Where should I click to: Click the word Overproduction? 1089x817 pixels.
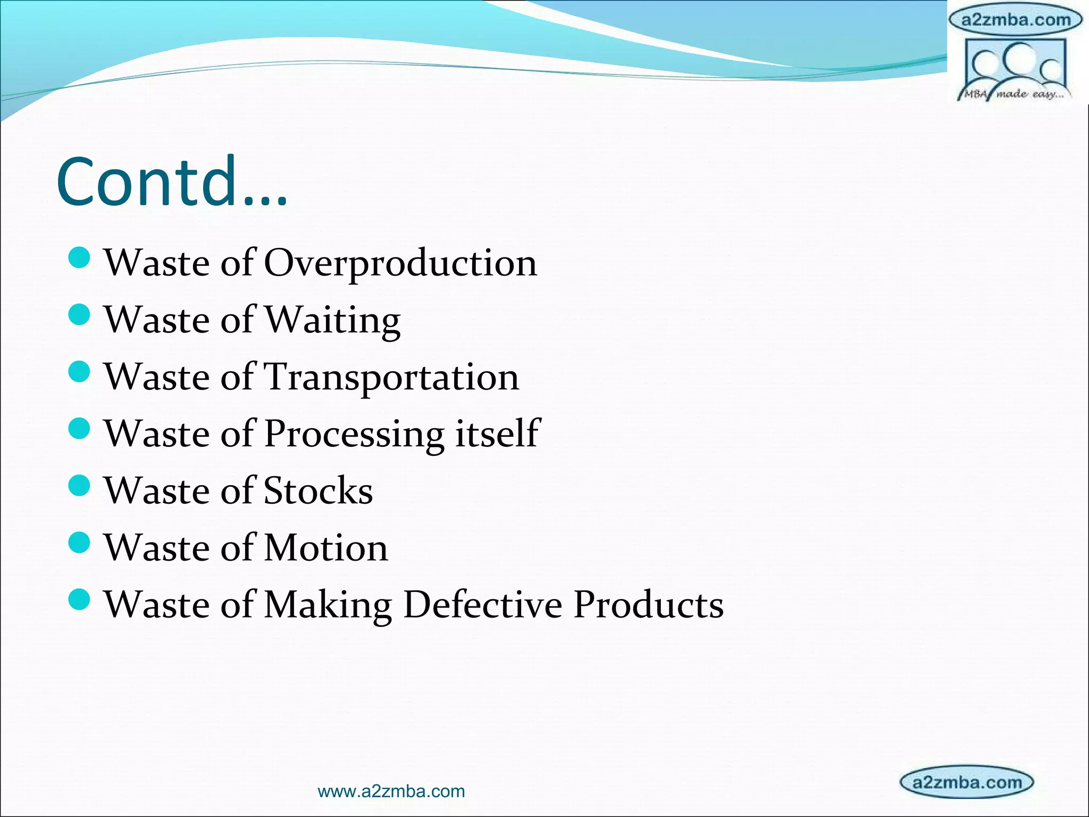pyautogui.click(x=400, y=263)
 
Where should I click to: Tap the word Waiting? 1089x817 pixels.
pyautogui.click(x=332, y=320)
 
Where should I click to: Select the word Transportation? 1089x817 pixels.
pyautogui.click(x=391, y=377)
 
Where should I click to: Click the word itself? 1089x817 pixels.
pyautogui.click(x=498, y=433)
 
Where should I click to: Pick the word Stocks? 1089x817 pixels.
pyautogui.click(x=318, y=490)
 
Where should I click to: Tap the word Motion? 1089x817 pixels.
pyautogui.click(x=326, y=547)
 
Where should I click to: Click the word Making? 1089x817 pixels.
pyautogui.click(x=328, y=605)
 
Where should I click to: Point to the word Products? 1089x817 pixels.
pyautogui.click(x=648, y=604)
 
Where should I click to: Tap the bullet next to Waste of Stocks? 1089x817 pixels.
pyautogui.click(x=80, y=486)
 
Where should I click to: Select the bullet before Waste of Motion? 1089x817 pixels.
pyautogui.click(x=80, y=543)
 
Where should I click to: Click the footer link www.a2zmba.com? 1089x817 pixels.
pyautogui.click(x=391, y=791)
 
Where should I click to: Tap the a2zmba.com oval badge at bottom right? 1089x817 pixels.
pyautogui.click(x=966, y=782)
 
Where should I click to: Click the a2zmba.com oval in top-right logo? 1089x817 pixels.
pyautogui.click(x=1015, y=20)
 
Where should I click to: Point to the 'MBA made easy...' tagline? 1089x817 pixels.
pyautogui.click(x=1013, y=95)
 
